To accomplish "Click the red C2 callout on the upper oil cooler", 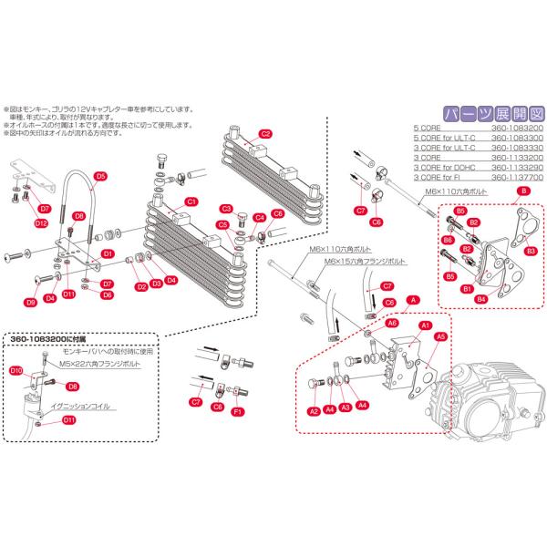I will point(265,133).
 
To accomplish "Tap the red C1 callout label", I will point(192,201).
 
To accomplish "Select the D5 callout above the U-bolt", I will point(100,176).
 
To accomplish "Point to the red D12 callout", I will point(41,222).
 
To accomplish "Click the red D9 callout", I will point(30,301).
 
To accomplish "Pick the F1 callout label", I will point(236,412).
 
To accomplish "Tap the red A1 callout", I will point(425,325).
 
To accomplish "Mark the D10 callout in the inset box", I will point(15,370).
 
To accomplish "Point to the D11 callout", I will point(69,420).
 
